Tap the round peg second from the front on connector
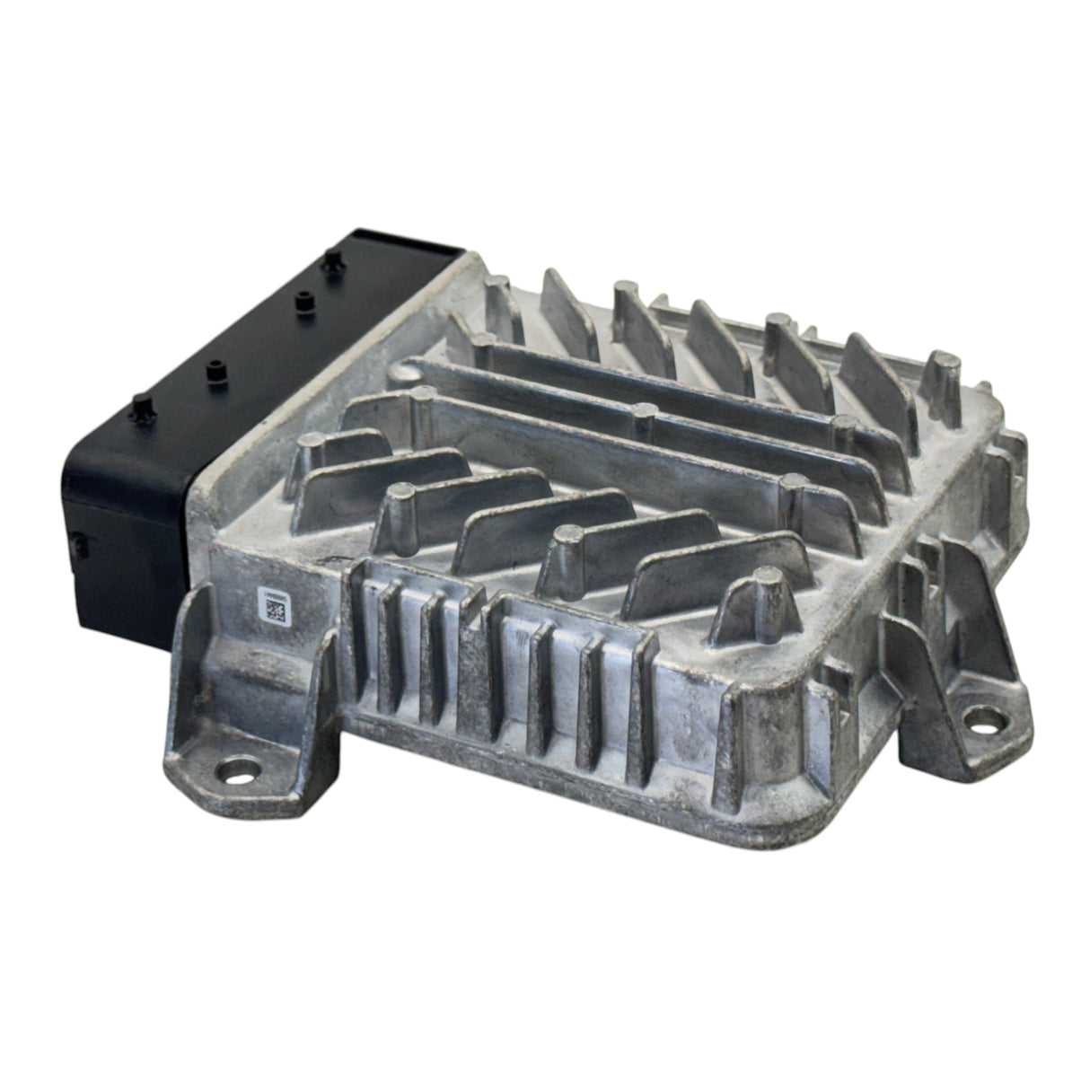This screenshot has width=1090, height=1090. pos(215,372)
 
